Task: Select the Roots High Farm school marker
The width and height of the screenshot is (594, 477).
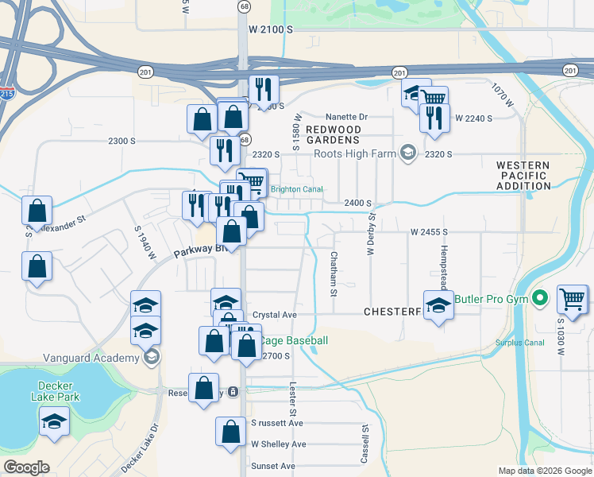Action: pos(407,153)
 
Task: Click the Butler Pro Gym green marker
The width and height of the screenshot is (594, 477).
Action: pos(540,300)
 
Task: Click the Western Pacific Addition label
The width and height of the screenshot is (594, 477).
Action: pos(523,176)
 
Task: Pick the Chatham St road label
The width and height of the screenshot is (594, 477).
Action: pos(334,275)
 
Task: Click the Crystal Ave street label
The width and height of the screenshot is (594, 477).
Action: pos(274,315)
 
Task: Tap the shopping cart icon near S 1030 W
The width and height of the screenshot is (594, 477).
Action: pos(572,299)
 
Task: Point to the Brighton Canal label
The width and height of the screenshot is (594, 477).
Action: pos(296,189)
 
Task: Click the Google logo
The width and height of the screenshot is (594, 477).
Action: pos(26,467)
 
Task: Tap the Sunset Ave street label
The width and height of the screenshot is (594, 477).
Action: pos(273,466)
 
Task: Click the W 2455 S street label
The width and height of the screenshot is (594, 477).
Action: pos(430,232)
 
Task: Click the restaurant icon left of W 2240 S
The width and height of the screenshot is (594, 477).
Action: pos(434,118)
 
